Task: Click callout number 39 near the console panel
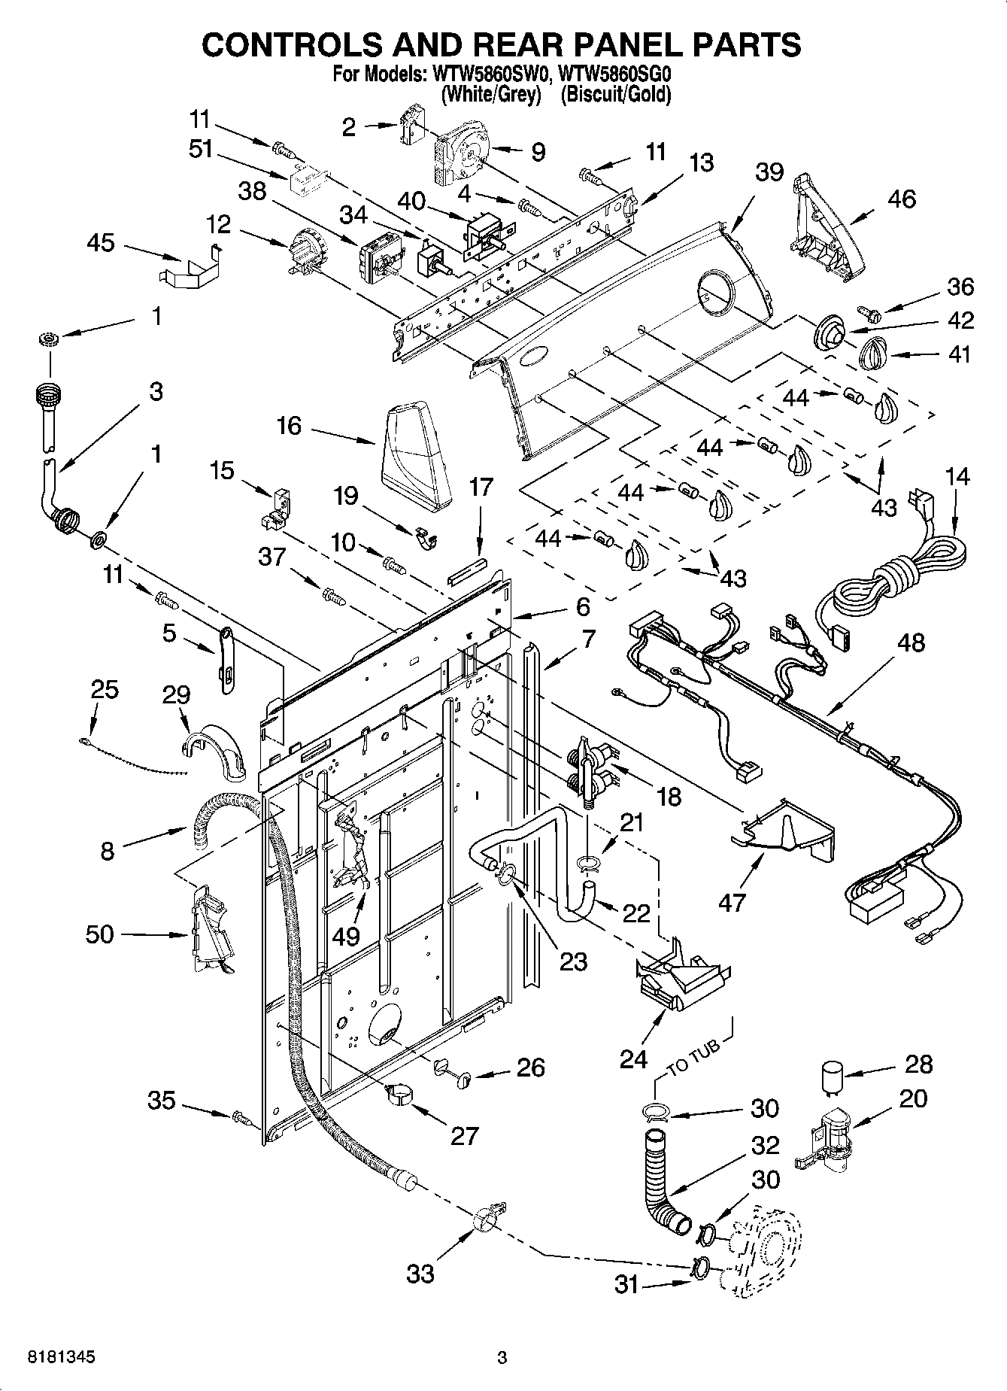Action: pyautogui.click(x=769, y=173)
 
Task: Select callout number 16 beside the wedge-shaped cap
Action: pyautogui.click(x=289, y=426)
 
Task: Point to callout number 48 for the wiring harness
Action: pyautogui.click(x=911, y=643)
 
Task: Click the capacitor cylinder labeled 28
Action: pyautogui.click(x=830, y=1077)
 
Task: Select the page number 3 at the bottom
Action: pyautogui.click(x=502, y=1358)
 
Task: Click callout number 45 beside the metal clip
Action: pyautogui.click(x=101, y=243)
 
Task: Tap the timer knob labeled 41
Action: pyautogui.click(x=874, y=351)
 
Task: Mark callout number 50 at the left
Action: pyautogui.click(x=100, y=934)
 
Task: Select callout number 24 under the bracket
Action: pyautogui.click(x=634, y=1059)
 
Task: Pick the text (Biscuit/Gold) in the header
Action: pyautogui.click(x=615, y=94)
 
